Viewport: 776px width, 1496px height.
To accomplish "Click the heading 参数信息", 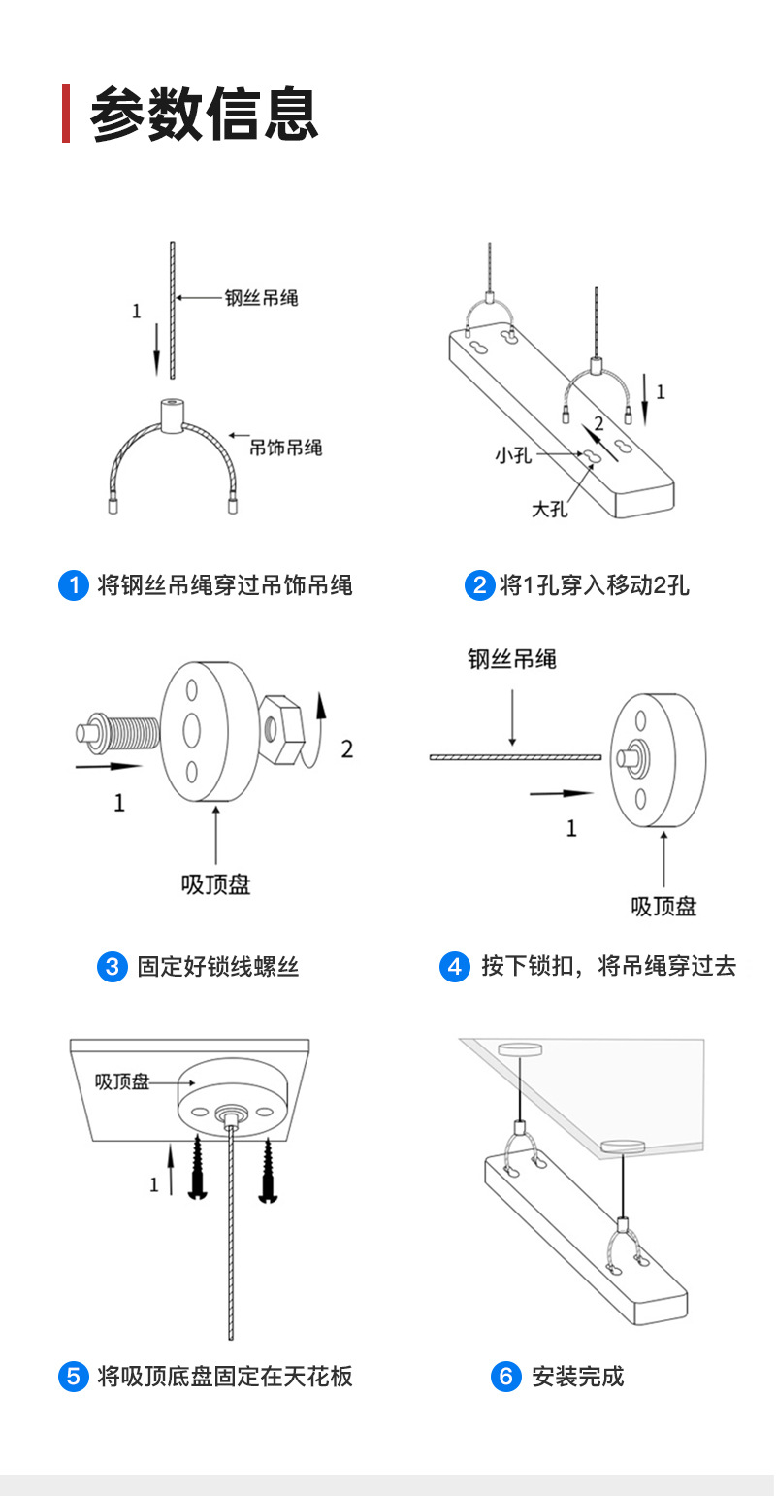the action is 204,115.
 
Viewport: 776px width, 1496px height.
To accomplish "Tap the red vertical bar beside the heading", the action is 66,114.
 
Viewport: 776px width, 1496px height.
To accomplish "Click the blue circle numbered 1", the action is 74,585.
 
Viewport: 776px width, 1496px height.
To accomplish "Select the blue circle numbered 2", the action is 480,585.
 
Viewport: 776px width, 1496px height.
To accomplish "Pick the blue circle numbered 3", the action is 113,966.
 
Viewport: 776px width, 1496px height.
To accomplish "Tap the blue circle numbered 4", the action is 454,966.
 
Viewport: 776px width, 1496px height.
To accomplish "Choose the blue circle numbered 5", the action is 74,1377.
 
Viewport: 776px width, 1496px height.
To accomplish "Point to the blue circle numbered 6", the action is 505,1377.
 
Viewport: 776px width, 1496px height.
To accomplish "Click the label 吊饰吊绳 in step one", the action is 285,448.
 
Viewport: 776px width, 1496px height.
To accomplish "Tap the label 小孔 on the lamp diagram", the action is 513,455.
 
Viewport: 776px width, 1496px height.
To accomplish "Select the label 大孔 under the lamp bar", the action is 550,510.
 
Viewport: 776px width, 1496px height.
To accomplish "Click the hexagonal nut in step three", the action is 281,729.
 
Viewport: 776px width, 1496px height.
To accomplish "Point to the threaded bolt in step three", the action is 118,733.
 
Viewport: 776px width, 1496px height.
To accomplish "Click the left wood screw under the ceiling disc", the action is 198,1167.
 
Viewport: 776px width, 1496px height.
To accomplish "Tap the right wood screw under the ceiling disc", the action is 268,1171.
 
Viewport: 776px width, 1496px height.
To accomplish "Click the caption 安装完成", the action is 578,1377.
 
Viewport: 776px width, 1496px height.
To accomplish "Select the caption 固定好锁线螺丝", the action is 218,966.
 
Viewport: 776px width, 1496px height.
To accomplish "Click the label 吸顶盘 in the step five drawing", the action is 122,1081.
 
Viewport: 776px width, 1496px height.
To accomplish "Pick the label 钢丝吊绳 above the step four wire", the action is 512,659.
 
